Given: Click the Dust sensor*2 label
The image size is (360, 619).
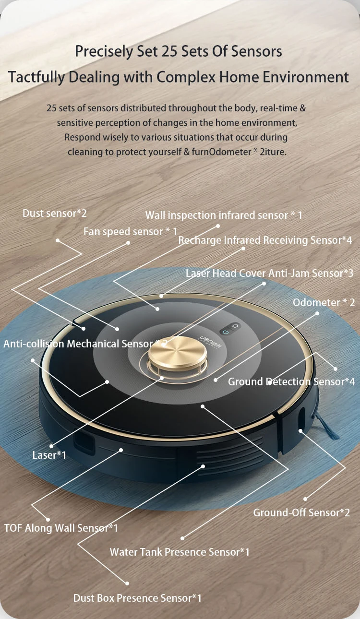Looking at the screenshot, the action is point(55,213).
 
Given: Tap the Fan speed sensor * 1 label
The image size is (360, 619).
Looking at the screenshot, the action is point(130,231).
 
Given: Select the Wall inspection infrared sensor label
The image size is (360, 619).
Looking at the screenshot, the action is point(224,215).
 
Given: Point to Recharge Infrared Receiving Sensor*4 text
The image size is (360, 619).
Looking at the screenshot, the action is point(265,240).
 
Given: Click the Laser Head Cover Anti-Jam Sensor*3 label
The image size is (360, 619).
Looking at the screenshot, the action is point(269,273).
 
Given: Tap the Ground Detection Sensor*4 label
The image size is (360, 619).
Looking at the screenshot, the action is point(291,381).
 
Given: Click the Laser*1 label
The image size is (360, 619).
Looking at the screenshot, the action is point(49,454).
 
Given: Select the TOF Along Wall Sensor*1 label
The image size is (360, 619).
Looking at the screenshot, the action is point(61,528).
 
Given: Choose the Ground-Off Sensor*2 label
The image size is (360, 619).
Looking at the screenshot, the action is point(301,512).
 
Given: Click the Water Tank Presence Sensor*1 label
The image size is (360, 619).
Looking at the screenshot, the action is point(180,552).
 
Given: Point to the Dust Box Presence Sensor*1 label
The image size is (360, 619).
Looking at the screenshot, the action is point(137,598).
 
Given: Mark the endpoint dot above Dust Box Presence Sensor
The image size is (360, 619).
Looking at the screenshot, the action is point(127,583).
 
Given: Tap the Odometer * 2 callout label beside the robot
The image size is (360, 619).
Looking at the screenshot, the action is point(324,302).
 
